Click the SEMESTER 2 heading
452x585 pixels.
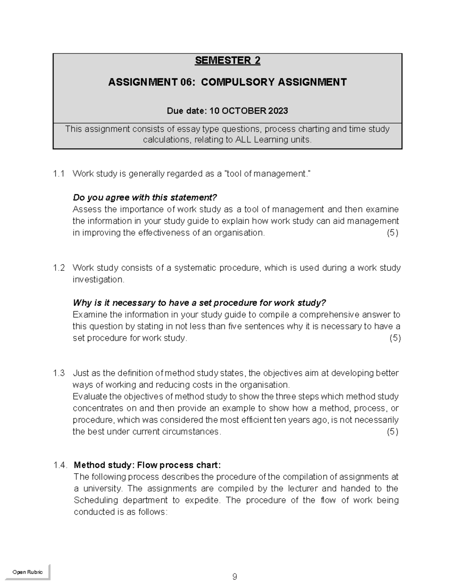tap(228, 61)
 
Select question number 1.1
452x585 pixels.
tap(59, 174)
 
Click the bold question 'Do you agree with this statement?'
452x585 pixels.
tap(145, 198)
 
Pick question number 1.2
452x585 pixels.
tap(59, 268)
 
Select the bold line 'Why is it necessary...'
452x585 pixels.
tap(199, 303)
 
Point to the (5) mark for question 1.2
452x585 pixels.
tap(395, 338)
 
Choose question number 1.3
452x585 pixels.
tap(59, 373)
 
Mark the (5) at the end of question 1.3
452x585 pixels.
tap(392, 431)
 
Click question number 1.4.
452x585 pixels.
tap(60, 465)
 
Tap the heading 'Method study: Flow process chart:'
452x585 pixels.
tap(145, 465)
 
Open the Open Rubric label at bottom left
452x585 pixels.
tap(27, 572)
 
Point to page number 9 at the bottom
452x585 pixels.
tap(235, 577)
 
